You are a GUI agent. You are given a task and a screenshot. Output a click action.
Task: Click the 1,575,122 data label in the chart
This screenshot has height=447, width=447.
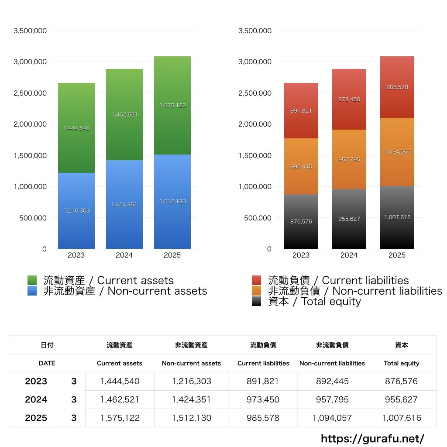[172, 106]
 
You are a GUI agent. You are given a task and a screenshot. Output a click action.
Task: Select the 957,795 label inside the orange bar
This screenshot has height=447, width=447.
[349, 160]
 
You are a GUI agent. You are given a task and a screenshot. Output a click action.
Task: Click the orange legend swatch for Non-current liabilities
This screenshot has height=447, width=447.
[257, 291]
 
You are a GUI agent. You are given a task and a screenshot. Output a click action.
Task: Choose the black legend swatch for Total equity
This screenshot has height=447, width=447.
[257, 301]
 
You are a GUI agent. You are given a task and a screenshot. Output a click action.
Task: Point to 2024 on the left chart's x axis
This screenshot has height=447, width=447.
[124, 255]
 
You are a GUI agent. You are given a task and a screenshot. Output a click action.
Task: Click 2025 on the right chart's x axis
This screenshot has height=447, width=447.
[397, 255]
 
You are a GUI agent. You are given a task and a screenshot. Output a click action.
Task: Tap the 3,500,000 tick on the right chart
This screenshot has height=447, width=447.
[255, 31]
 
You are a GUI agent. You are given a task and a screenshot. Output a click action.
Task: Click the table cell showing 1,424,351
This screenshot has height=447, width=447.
[191, 399]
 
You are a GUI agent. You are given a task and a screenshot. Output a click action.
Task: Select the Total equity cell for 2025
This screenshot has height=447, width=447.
[401, 418]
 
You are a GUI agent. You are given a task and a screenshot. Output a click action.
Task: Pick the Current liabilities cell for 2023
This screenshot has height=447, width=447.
[263, 381]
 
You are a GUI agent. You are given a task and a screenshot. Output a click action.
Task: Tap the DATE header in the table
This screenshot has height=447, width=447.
[47, 363]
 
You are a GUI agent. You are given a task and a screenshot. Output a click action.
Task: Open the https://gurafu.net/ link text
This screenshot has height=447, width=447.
[372, 438]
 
